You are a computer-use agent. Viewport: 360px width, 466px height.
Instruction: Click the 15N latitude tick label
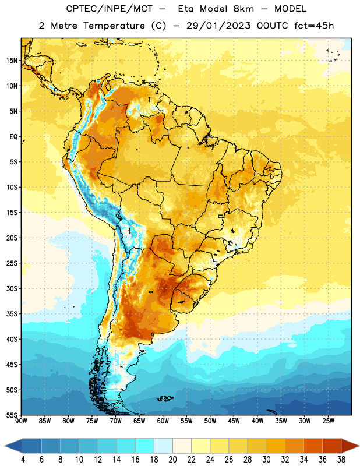(12, 61)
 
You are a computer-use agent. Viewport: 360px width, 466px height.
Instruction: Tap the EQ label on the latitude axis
(13, 137)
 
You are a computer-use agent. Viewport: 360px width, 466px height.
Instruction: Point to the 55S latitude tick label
(12, 415)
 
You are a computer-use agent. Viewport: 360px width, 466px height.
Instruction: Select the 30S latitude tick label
(12, 288)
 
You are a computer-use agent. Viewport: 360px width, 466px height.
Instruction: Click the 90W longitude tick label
(21, 421)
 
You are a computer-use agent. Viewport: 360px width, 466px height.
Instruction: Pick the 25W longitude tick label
(328, 421)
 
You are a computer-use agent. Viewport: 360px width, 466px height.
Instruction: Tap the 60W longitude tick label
(163, 421)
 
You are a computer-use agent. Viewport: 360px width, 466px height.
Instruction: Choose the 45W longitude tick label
(234, 421)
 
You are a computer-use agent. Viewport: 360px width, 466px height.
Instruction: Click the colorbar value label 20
(172, 460)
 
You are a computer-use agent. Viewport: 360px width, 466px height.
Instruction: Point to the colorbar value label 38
(341, 460)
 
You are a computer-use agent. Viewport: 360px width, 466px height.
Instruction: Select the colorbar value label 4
(23, 460)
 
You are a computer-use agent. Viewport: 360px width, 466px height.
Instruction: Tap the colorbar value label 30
(266, 460)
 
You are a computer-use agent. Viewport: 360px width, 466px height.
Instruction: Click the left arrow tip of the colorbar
(5, 446)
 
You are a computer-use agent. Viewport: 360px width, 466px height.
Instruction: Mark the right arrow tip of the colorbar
(359, 446)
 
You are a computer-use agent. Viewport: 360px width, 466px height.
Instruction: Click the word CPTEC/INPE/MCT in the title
(109, 9)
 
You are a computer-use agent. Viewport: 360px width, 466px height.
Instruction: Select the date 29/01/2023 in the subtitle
(218, 26)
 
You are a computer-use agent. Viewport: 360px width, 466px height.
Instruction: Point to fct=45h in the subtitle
(314, 26)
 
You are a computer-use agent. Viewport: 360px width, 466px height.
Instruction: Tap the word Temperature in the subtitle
(114, 26)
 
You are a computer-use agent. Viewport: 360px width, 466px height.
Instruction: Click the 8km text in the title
(243, 9)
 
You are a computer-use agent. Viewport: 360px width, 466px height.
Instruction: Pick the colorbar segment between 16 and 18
(144, 446)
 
